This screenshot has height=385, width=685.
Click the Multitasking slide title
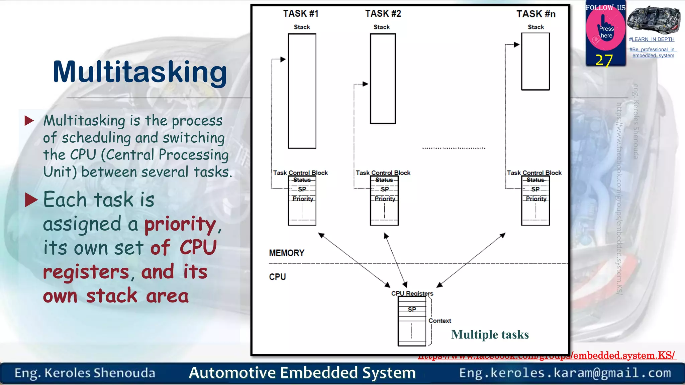tap(140, 72)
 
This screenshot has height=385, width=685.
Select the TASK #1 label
tap(300, 14)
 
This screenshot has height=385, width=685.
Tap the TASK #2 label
tap(383, 14)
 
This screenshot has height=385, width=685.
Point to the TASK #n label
tap(536, 14)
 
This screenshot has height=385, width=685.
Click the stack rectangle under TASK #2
tap(383, 79)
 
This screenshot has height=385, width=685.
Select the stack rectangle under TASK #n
tap(535, 61)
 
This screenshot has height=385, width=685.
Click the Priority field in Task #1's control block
tap(303, 199)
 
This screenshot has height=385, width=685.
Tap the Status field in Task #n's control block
tap(535, 180)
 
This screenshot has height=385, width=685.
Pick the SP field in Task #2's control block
tap(385, 189)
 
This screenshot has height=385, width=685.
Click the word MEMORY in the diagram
tap(287, 253)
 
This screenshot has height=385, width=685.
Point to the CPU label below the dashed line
tap(277, 277)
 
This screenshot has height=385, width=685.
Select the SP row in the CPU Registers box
tap(412, 309)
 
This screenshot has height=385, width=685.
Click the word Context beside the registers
tap(440, 321)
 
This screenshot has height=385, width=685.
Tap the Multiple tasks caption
tap(490, 335)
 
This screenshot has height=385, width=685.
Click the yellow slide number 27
tap(604, 60)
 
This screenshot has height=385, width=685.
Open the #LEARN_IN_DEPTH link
tap(652, 39)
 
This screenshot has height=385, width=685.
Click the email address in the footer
tap(565, 373)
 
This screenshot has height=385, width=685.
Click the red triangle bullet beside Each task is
tap(31, 200)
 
